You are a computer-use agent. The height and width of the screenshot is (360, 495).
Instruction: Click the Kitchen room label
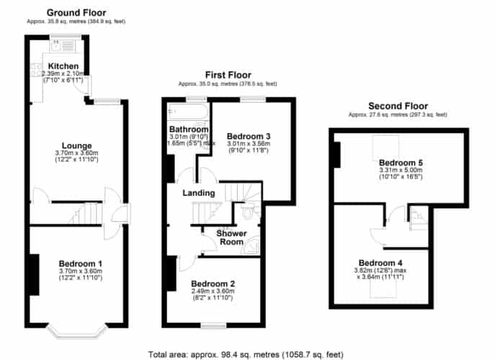click(63, 66)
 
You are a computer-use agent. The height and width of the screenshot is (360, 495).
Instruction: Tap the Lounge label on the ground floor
click(76, 145)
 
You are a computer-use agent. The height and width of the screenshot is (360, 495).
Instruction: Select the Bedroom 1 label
click(81, 264)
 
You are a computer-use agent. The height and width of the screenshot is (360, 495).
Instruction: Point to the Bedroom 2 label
click(213, 284)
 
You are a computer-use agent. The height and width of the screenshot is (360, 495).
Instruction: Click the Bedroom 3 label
click(249, 136)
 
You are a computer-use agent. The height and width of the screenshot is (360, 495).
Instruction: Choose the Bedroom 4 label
click(380, 263)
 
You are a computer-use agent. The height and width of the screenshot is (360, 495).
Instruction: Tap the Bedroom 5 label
click(401, 163)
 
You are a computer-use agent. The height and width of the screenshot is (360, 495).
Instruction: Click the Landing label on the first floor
click(199, 193)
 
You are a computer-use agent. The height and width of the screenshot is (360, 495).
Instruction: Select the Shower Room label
click(231, 238)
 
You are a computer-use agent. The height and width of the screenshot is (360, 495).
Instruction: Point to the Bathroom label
click(189, 129)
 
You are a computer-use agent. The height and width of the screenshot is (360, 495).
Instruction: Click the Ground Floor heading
click(76, 13)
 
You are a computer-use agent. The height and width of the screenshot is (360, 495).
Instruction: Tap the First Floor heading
click(228, 75)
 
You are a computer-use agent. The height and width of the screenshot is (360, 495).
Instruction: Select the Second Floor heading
click(398, 106)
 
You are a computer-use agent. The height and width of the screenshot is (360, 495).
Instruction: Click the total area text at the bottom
click(246, 355)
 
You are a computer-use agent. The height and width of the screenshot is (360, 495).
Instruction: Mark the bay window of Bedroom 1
click(76, 331)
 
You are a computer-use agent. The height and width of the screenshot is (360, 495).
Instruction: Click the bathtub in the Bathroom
click(188, 112)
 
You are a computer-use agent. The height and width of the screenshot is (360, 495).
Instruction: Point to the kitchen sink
click(56, 46)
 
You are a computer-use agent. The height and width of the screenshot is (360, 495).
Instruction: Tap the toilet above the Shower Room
click(250, 210)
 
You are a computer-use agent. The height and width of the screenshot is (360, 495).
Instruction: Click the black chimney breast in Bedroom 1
click(34, 274)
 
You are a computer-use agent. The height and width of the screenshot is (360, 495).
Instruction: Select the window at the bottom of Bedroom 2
click(214, 325)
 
